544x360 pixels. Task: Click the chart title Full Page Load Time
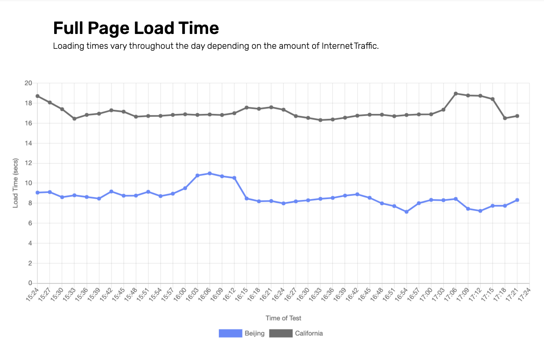click(136, 28)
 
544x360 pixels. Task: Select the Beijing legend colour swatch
click(230, 333)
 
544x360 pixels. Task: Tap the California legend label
click(309, 333)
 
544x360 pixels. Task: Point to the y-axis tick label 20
click(28, 83)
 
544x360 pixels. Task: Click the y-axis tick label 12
click(28, 163)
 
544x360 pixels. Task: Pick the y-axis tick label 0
click(30, 283)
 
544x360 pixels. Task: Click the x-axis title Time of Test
click(283, 318)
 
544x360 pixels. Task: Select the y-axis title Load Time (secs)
click(16, 183)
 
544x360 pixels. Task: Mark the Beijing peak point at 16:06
click(210, 173)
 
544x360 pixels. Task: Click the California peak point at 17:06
click(456, 94)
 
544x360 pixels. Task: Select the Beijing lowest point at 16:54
click(406, 212)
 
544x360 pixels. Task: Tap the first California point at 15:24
click(38, 96)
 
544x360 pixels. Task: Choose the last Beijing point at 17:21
click(517, 200)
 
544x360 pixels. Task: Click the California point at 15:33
click(74, 119)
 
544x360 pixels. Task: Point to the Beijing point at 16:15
click(246, 198)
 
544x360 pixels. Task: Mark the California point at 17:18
click(505, 118)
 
